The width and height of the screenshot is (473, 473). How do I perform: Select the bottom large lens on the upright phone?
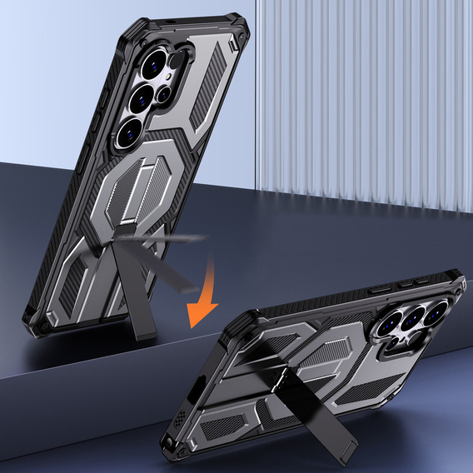click(x=131, y=132)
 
